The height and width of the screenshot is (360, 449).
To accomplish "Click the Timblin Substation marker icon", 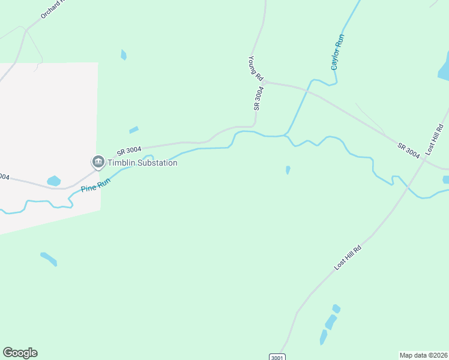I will (98, 162).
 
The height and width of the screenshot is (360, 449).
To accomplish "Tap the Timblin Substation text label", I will (142, 163).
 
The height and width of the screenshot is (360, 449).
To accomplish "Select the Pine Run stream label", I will (96, 185).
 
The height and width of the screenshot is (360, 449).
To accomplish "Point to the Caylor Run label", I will (339, 52).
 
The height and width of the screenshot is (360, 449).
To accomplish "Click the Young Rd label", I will (256, 69).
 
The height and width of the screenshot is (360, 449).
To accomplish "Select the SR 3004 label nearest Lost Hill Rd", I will (409, 150).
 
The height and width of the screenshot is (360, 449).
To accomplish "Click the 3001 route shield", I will (277, 357).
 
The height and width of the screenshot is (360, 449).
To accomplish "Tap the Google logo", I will (20, 353).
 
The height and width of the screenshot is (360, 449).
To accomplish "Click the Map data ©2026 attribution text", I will (424, 355).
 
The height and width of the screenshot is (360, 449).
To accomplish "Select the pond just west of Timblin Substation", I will (54, 181).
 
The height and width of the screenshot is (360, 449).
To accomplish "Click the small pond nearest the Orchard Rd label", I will (124, 55).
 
